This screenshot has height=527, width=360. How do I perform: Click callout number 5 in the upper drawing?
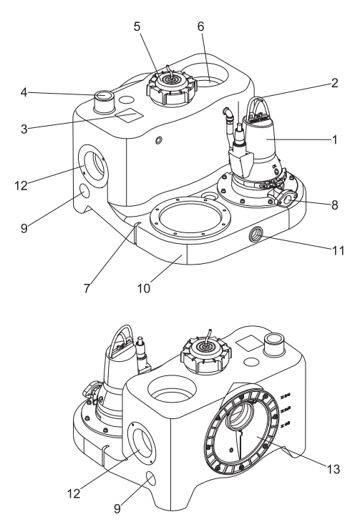(137, 26)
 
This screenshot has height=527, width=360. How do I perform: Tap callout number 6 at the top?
(201, 26)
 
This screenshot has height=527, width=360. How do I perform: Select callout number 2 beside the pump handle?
(334, 83)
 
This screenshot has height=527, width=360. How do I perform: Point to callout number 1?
(334, 139)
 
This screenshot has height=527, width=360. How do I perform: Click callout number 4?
(24, 92)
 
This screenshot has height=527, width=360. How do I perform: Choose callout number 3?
(24, 129)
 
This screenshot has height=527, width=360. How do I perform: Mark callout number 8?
(334, 205)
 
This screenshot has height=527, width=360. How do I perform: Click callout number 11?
(339, 250)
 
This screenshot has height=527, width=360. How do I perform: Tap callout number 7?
(87, 288)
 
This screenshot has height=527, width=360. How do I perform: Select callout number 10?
(144, 288)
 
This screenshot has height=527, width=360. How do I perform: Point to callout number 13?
(334, 469)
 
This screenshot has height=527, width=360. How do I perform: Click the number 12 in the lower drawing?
(74, 493)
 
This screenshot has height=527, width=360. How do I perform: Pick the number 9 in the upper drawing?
(24, 228)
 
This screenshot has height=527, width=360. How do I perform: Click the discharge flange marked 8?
(286, 199)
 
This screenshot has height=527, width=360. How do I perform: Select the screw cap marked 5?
(171, 87)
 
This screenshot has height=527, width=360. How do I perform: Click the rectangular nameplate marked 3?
(130, 116)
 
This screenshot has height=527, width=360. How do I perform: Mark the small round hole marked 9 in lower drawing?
(151, 478)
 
